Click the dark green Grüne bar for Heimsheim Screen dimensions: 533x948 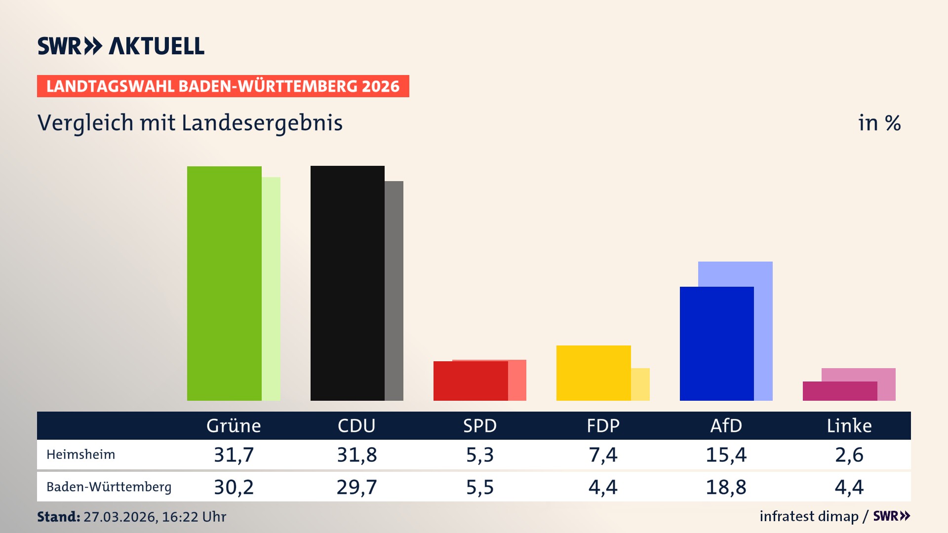pyautogui.click(x=224, y=283)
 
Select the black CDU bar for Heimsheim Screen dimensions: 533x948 pyautogui.click(x=347, y=283)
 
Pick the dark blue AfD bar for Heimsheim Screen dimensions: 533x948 pyautogui.click(x=716, y=343)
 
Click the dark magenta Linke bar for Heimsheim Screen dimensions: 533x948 pyautogui.click(x=839, y=391)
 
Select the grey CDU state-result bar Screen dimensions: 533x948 pyautogui.click(x=394, y=291)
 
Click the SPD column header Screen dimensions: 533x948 pyautogui.click(x=479, y=426)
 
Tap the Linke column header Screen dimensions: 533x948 pyautogui.click(x=849, y=426)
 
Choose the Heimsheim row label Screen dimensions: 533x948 pyautogui.click(x=80, y=455)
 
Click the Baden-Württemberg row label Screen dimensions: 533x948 pyautogui.click(x=109, y=487)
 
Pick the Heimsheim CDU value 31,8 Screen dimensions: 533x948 pyautogui.click(x=356, y=455)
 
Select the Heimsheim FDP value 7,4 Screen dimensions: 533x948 pyautogui.click(x=603, y=455)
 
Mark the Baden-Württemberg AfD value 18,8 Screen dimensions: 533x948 pyautogui.click(x=726, y=487)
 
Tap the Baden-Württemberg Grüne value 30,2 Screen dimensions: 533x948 pyautogui.click(x=234, y=487)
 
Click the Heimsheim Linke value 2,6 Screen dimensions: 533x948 pyautogui.click(x=849, y=455)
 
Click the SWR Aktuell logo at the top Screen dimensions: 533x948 pyautogui.click(x=121, y=46)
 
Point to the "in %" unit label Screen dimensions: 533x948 pyautogui.click(x=879, y=123)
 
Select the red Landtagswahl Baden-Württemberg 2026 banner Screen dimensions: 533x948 pyautogui.click(x=223, y=86)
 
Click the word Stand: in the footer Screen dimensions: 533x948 pyautogui.click(x=58, y=517)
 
